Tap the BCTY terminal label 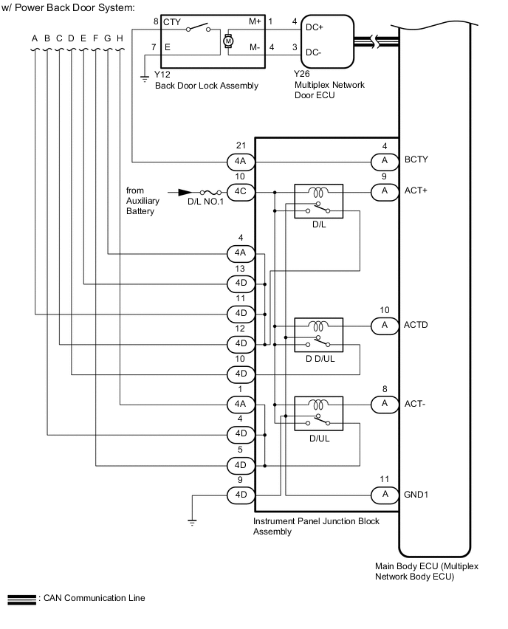pyautogui.click(x=416, y=159)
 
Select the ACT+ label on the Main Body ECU pyautogui.click(x=416, y=190)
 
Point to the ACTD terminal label pyautogui.click(x=416, y=325)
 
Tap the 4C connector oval pyautogui.click(x=240, y=191)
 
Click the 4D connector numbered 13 pyautogui.click(x=240, y=283)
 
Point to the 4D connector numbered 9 pyautogui.click(x=240, y=494)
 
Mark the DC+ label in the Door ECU pyautogui.click(x=313, y=27)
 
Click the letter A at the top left pyautogui.click(x=35, y=38)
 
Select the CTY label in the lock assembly pyautogui.click(x=172, y=22)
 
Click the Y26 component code pyautogui.click(x=301, y=75)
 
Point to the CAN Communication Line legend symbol pyautogui.click(x=20, y=598)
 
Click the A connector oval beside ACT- pyautogui.click(x=384, y=403)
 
